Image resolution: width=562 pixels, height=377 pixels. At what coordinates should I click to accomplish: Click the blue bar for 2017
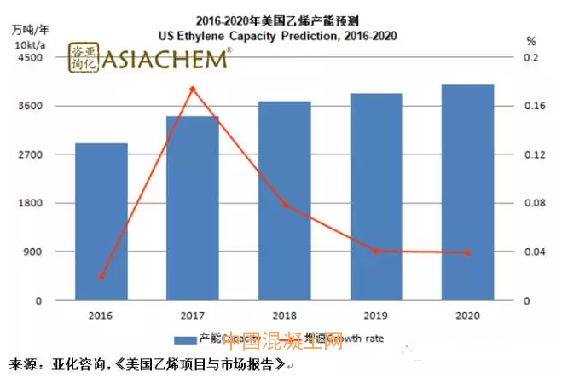tap(193, 208)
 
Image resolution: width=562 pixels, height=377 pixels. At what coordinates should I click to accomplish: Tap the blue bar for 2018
tap(285, 200)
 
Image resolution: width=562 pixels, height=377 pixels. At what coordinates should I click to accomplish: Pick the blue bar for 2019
tap(376, 197)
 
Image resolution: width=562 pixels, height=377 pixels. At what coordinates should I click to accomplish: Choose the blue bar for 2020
tap(467, 193)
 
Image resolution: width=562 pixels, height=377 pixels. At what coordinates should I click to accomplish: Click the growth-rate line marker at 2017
tap(193, 89)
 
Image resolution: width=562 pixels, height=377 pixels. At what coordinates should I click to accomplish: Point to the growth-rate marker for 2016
tap(101, 275)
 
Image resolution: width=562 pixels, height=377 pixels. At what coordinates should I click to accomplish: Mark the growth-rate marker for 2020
tap(467, 252)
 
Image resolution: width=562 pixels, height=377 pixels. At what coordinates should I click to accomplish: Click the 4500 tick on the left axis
tap(31, 57)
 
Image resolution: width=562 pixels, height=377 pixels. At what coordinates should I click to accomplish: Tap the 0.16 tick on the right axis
tap(532, 106)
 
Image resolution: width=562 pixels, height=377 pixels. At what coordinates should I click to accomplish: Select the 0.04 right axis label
tap(532, 252)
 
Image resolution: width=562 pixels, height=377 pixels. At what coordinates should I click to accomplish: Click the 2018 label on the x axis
tap(285, 315)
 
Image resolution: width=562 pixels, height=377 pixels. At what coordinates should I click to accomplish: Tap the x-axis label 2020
tap(467, 315)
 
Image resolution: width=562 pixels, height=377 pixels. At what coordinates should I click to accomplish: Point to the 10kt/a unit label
tap(31, 43)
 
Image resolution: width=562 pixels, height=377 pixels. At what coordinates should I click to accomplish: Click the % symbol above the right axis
tap(530, 40)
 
